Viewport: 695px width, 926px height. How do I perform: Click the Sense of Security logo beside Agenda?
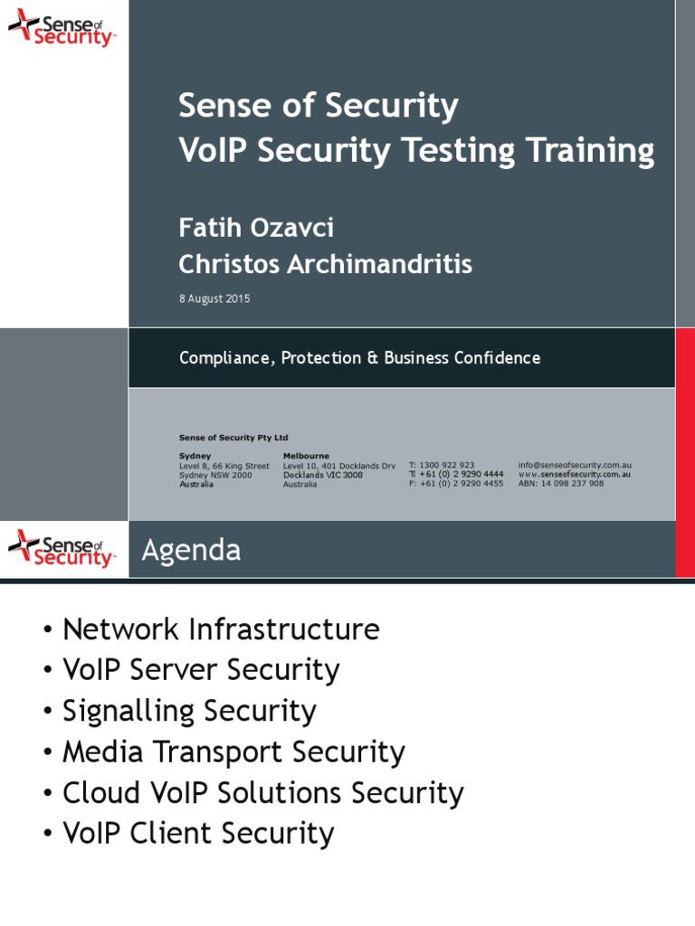pyautogui.click(x=62, y=548)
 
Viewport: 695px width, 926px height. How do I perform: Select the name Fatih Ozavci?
pyautogui.click(x=256, y=227)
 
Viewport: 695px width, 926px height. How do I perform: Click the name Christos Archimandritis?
pyautogui.click(x=325, y=264)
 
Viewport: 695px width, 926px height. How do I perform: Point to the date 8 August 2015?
pyautogui.click(x=214, y=298)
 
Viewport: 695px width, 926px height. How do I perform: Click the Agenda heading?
pyautogui.click(x=192, y=550)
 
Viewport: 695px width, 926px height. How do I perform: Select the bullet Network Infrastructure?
pyautogui.click(x=221, y=629)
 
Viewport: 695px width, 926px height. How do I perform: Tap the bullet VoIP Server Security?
pyautogui.click(x=201, y=670)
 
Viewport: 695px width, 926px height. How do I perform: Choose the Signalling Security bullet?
pyautogui.click(x=189, y=711)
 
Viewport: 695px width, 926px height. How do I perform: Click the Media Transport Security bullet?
pyautogui.click(x=233, y=752)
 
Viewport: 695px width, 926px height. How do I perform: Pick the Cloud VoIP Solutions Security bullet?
pyautogui.click(x=262, y=793)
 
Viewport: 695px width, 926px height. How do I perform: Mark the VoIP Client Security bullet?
pyautogui.click(x=198, y=834)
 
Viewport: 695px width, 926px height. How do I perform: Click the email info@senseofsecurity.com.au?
pyautogui.click(x=575, y=465)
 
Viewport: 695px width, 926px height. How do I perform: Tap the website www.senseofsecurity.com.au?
pyautogui.click(x=575, y=474)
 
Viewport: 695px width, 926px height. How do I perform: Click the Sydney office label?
pyautogui.click(x=195, y=456)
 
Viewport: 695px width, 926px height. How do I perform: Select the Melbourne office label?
pyautogui.click(x=306, y=456)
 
